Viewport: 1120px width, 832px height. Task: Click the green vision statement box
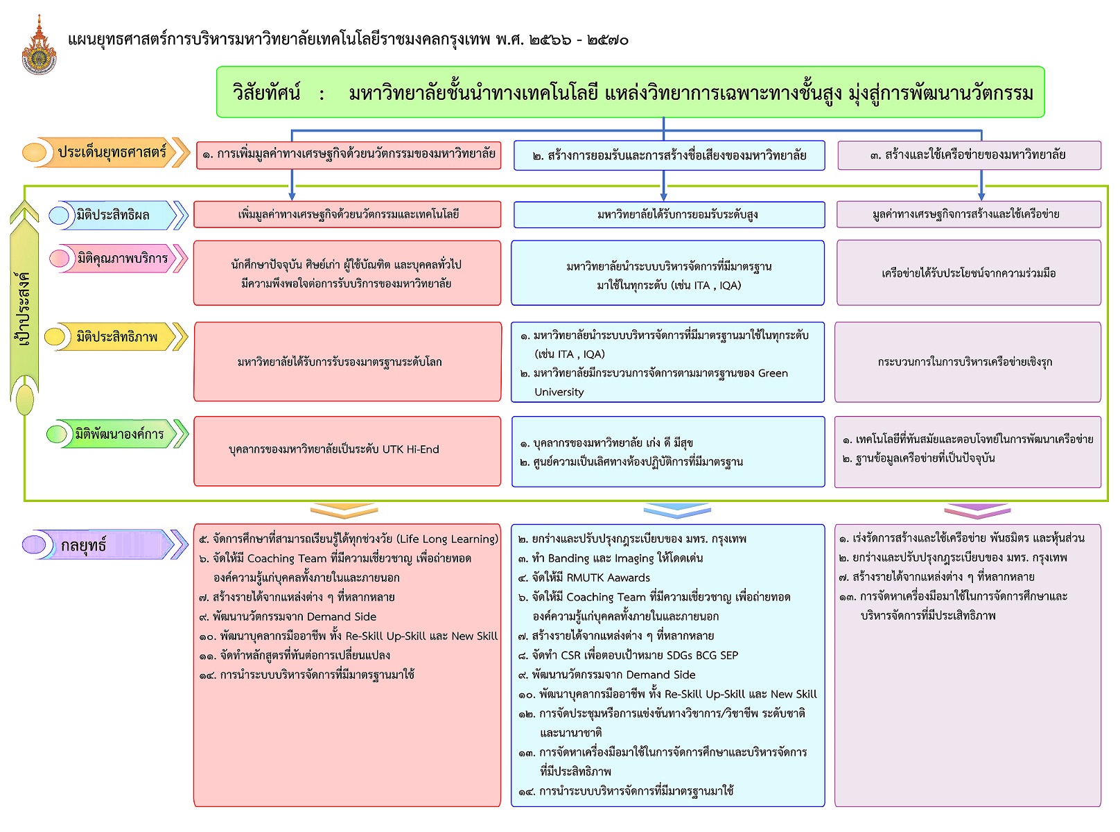pos(630,92)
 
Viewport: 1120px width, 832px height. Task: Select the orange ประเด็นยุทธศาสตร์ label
pos(106,152)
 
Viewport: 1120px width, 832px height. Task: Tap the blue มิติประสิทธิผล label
pos(118,215)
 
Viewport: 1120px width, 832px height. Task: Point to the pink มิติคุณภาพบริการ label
pos(118,259)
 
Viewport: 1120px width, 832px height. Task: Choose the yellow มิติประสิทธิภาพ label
pos(116,336)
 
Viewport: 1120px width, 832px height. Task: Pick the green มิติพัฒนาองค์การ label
pos(117,434)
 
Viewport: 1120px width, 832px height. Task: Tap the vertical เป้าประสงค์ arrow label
pos(24,308)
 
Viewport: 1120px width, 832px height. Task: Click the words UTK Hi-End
pos(410,449)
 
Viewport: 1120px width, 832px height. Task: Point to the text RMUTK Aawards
pos(608,578)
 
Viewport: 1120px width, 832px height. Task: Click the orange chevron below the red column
pos(344,511)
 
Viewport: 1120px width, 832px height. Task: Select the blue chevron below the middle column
pos(677,511)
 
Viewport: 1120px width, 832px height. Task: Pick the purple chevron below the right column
pos(977,511)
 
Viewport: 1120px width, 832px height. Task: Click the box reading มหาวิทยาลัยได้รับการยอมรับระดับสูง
pos(669,215)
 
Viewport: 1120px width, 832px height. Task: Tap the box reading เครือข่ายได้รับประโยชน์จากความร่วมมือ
pos(968,272)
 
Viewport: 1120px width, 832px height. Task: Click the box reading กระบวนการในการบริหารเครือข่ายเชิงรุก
pos(968,362)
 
